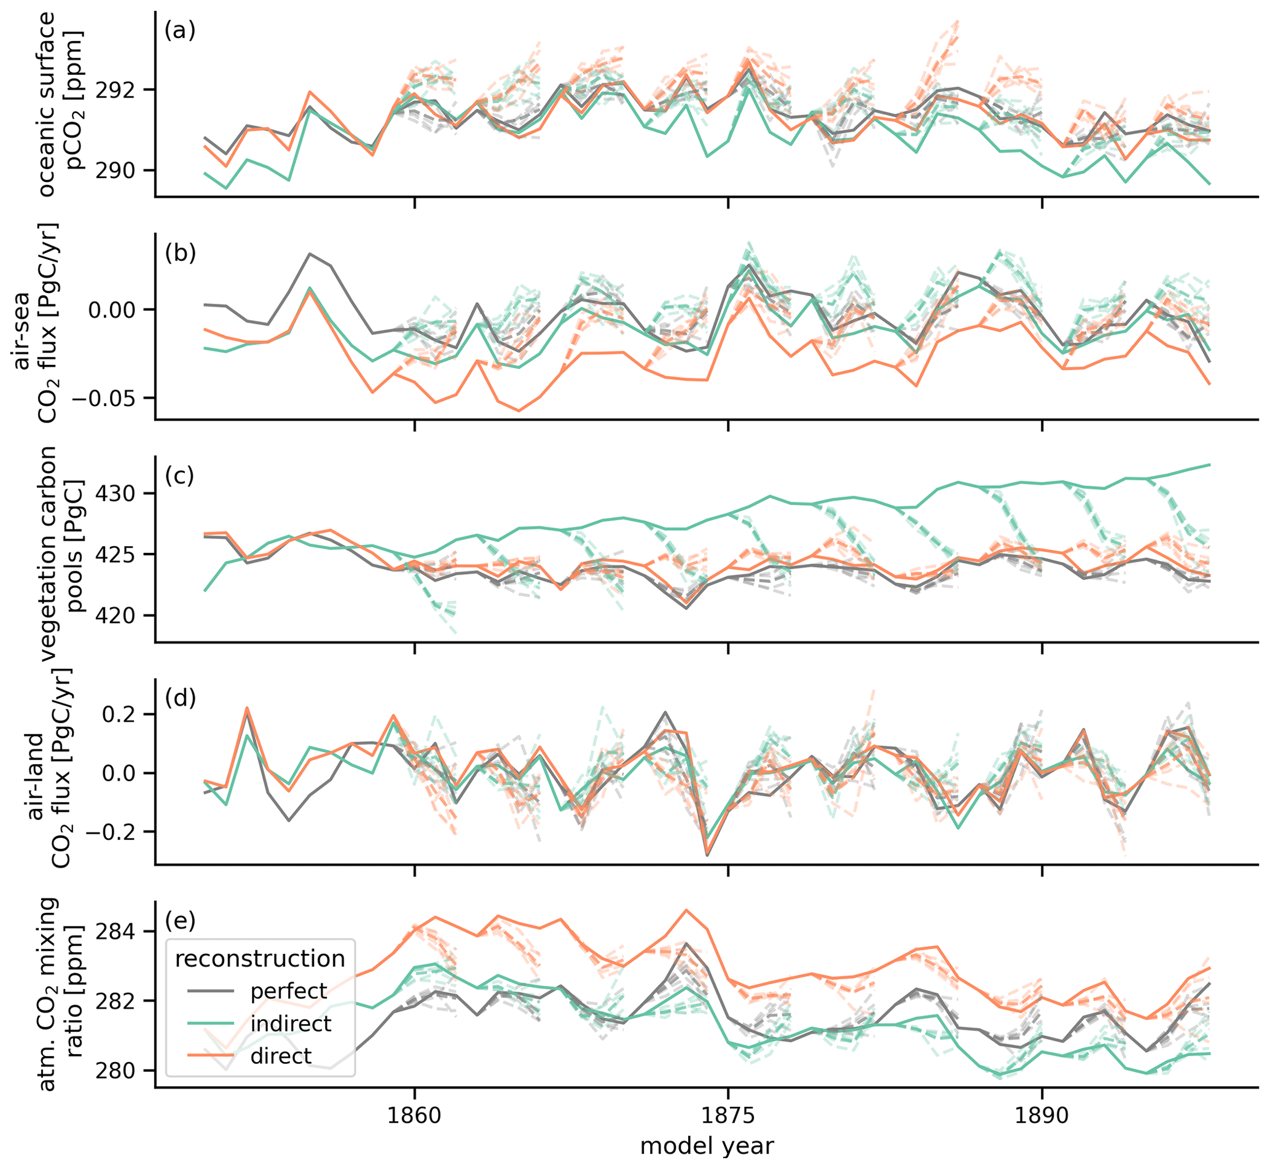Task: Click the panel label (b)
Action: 179,253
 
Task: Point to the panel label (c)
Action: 179,475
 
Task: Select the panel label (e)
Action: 179,921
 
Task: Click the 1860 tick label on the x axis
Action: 415,1114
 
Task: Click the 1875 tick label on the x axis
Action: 728,1114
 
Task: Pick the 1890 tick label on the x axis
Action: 1042,1114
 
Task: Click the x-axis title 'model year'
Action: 707,1146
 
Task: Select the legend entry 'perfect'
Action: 289,991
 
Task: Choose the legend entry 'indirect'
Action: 291,1023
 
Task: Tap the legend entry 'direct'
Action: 281,1056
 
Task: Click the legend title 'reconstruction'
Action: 260,958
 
